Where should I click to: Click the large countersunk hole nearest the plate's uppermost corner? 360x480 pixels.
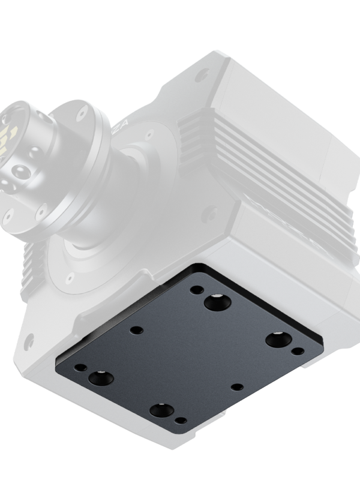coord(217,302)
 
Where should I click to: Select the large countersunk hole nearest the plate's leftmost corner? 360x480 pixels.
coord(100,378)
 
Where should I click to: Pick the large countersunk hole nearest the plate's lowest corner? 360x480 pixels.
coord(161,410)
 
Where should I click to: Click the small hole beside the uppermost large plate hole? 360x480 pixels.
coord(196,289)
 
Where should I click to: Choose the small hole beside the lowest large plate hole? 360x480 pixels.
coord(180,421)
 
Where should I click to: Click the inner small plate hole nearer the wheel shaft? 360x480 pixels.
coord(137,330)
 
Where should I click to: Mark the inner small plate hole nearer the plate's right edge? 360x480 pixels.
coord(238,387)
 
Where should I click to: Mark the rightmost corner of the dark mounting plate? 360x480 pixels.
coord(322,343)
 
